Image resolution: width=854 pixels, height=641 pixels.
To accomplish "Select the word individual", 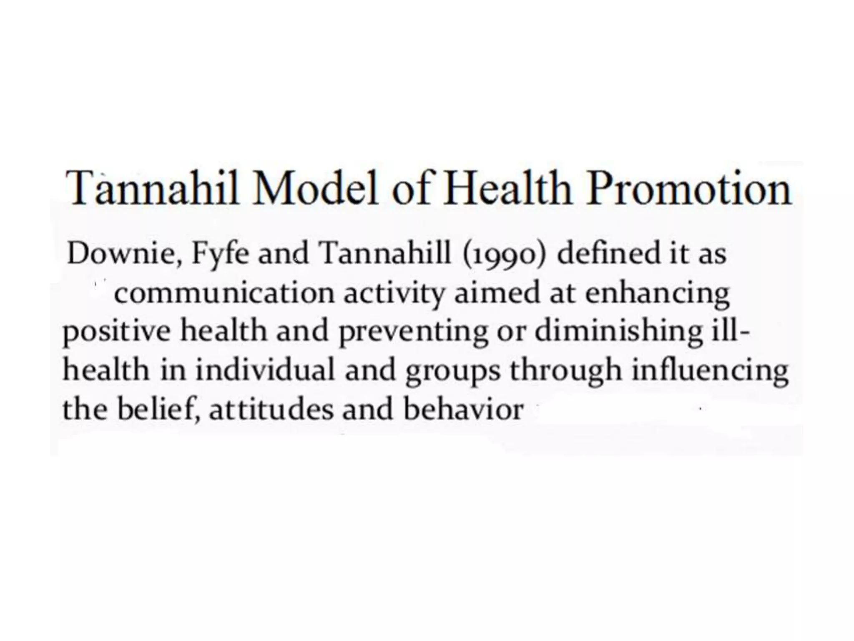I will pos(265,371).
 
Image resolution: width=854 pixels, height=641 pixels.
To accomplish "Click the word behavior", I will pos(463,409).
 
